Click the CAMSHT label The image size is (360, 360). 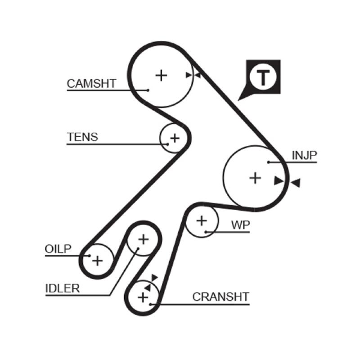click(x=91, y=83)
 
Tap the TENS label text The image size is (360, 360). click(x=82, y=137)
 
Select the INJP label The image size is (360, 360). click(x=305, y=155)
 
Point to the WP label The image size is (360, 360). click(x=240, y=225)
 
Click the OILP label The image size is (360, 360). click(x=58, y=249)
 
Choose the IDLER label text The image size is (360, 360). click(x=63, y=288)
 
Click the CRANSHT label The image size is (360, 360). click(x=220, y=297)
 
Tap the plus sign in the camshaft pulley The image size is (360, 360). click(x=161, y=75)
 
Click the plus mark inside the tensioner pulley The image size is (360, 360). click(x=174, y=138)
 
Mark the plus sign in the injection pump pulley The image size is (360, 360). click(x=255, y=178)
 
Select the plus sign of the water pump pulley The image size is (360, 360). click(x=202, y=220)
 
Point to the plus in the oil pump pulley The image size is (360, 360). click(x=98, y=260)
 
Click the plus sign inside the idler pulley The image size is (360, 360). click(x=143, y=239)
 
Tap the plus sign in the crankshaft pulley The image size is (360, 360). click(x=143, y=297)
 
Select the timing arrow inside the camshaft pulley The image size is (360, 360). click(x=189, y=75)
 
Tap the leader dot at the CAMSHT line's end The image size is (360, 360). click(x=148, y=90)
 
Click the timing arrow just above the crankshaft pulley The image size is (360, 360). click(x=154, y=278)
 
